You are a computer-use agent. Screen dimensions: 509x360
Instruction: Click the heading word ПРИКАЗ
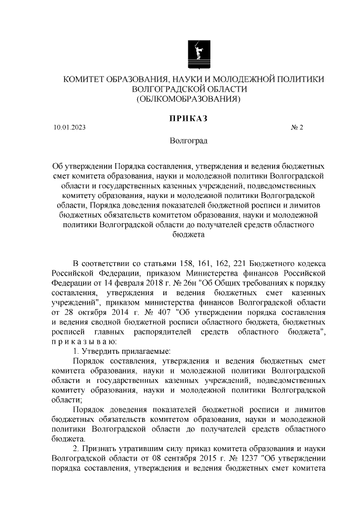(x=187, y=118)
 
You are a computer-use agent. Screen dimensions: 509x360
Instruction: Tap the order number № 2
(x=296, y=128)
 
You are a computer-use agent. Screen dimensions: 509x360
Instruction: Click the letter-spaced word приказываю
(x=84, y=341)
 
